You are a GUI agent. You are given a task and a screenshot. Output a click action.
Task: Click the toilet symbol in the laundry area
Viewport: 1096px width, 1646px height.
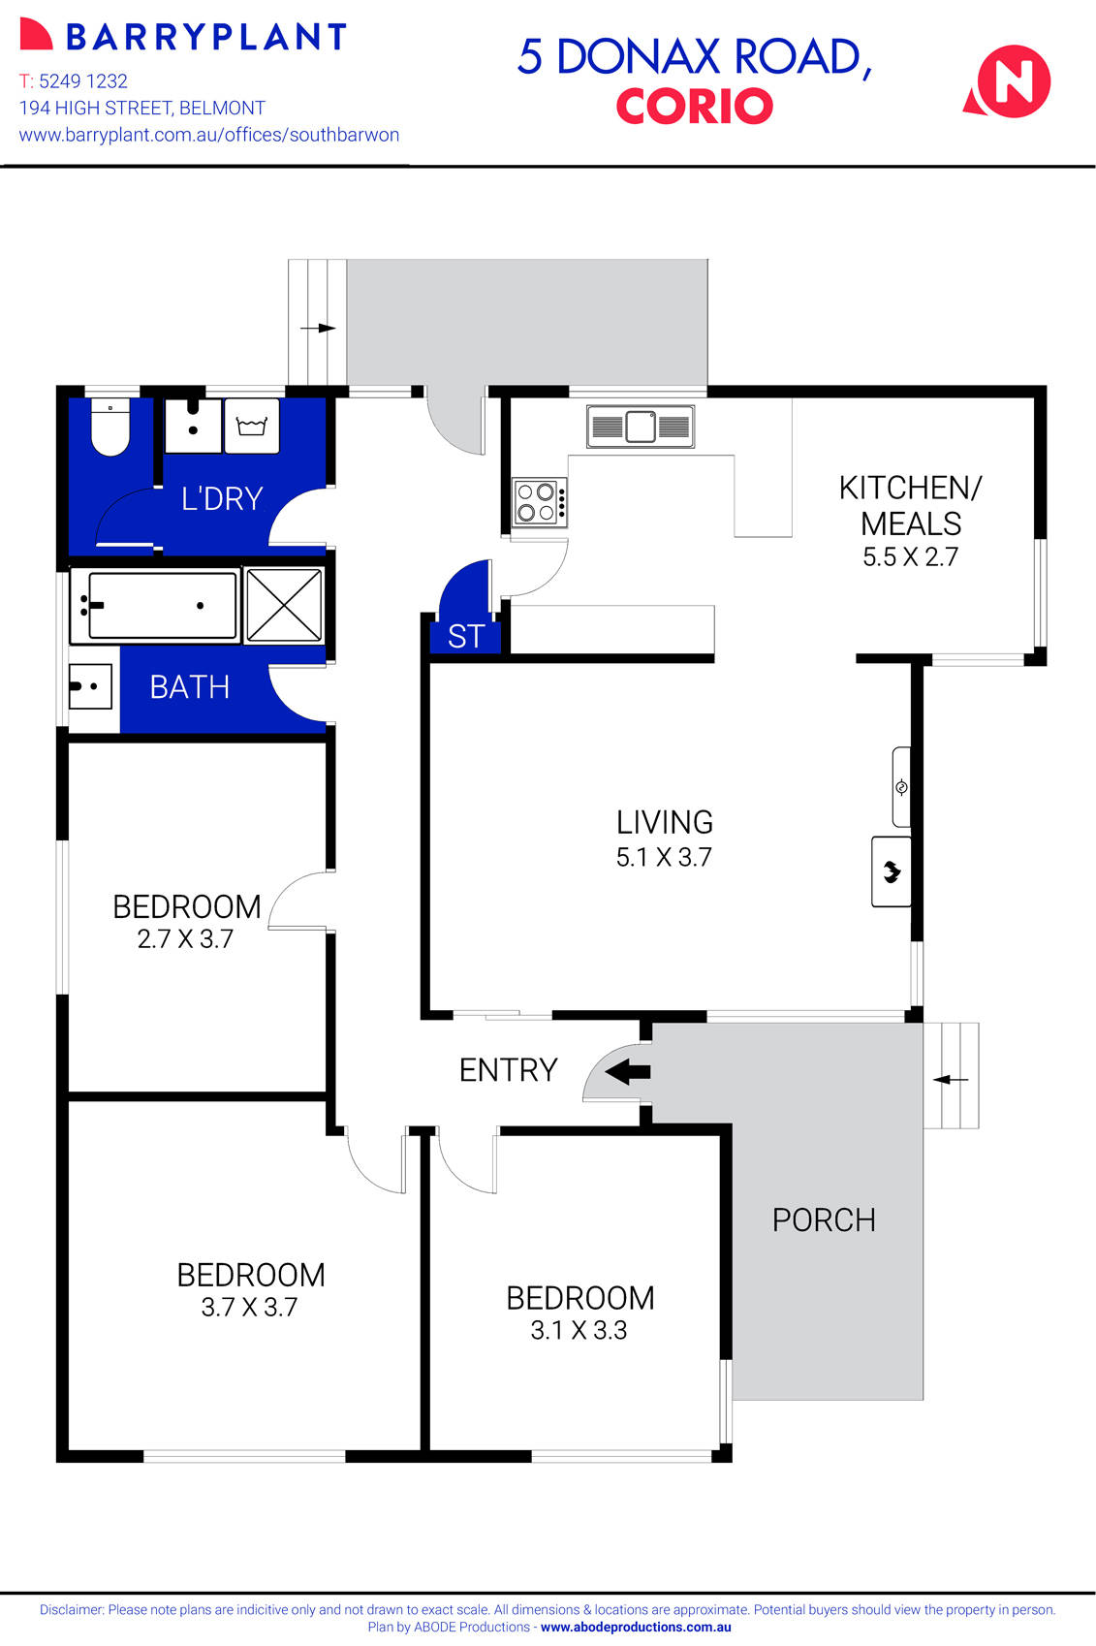pyautogui.click(x=110, y=429)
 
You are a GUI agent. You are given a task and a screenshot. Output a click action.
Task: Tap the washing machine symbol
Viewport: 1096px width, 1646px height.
pyautogui.click(x=252, y=427)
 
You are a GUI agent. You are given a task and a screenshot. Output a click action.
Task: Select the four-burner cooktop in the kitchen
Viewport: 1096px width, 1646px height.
pyautogui.click(x=539, y=502)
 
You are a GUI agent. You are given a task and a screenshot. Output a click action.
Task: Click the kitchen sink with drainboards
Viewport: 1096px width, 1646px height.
pyautogui.click(x=641, y=427)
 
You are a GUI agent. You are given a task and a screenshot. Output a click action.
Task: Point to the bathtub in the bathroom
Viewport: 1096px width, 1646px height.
pyautogui.click(x=155, y=606)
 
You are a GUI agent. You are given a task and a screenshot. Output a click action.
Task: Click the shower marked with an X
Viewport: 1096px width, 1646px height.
pyautogui.click(x=284, y=606)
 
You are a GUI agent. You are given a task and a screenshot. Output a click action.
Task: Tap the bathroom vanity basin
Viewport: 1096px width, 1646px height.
pyautogui.click(x=90, y=686)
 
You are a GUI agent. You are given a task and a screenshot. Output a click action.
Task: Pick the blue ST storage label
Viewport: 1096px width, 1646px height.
pyautogui.click(x=466, y=637)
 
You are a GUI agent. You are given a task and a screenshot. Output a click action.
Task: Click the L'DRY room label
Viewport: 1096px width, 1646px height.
pyautogui.click(x=222, y=498)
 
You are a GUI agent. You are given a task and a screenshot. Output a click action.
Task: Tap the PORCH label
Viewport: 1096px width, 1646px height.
pyautogui.click(x=824, y=1219)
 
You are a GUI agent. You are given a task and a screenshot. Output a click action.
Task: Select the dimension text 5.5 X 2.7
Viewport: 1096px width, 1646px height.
pyautogui.click(x=910, y=557)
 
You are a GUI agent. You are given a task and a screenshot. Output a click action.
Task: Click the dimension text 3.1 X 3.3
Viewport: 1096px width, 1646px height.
pyautogui.click(x=579, y=1331)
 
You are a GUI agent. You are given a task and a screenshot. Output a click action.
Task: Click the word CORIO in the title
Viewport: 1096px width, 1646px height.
pyautogui.click(x=694, y=107)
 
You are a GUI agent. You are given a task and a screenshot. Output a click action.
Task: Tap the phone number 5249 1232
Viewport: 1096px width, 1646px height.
pyautogui.click(x=82, y=81)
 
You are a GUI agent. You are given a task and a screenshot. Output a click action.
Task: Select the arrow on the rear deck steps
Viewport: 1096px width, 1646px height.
pyautogui.click(x=318, y=329)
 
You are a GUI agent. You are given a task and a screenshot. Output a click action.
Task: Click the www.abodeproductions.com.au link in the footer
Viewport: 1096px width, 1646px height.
pyautogui.click(x=636, y=1628)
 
